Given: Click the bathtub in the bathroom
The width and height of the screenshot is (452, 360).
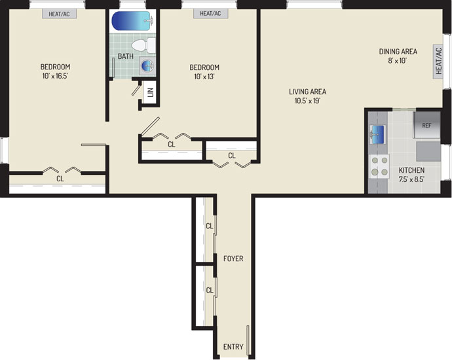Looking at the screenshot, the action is click(132, 21).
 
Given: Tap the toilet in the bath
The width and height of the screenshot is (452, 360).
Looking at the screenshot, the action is click(143, 46).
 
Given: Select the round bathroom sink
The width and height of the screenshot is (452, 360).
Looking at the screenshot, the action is click(148, 65).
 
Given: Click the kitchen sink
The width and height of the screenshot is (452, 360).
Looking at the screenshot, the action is click(377, 134).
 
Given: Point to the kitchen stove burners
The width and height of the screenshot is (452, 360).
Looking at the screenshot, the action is click(379, 166).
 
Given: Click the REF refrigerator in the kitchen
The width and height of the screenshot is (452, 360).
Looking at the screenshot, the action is click(427, 125).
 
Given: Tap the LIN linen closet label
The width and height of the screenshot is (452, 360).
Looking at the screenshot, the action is click(151, 92).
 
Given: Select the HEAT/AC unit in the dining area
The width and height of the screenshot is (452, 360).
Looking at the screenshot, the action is click(438, 62).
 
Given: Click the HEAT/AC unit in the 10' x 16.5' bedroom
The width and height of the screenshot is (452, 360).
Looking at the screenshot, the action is click(59, 14).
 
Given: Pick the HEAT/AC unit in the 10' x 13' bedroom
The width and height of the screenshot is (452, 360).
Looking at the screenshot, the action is click(210, 14).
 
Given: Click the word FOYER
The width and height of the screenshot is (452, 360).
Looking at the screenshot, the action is click(233, 259).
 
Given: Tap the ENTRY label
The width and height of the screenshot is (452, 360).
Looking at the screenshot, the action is click(233, 347).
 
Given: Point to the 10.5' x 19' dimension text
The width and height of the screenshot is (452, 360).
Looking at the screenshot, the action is click(308, 101).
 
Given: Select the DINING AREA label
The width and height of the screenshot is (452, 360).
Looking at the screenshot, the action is click(398, 52).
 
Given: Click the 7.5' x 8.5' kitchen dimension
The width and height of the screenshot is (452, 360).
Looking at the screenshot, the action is click(411, 179).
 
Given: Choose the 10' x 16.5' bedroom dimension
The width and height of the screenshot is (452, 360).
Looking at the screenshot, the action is click(55, 77).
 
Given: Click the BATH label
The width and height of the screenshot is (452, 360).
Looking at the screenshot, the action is click(125, 56).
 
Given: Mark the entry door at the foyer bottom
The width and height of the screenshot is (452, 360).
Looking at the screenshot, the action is click(248, 340).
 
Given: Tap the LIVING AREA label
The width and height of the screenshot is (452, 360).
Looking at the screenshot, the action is click(308, 92).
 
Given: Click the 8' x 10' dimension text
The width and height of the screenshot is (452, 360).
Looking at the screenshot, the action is click(398, 61).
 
